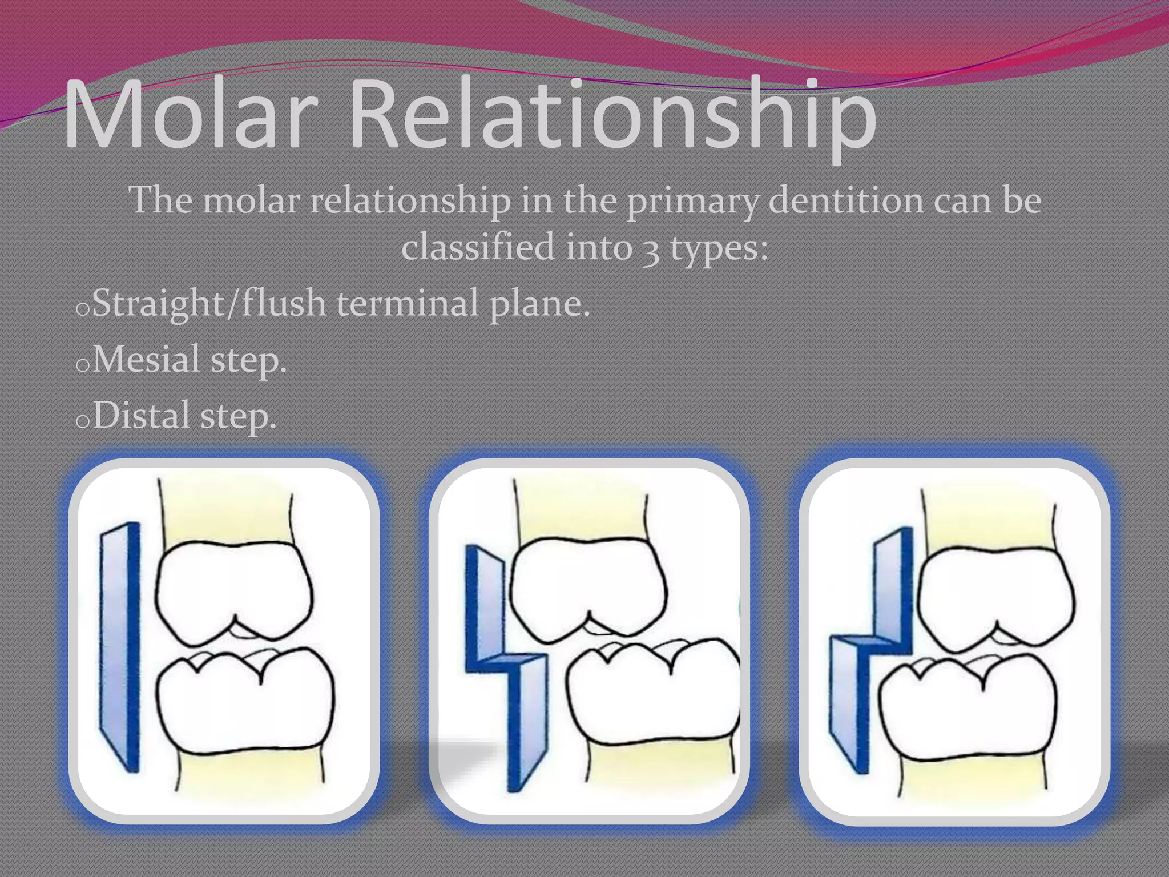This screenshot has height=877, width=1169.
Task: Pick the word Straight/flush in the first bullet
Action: coord(209,303)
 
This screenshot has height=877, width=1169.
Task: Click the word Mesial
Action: coord(146,359)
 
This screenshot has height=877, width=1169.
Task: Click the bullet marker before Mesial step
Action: coord(82,365)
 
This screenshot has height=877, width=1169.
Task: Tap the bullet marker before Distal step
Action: coord(82,421)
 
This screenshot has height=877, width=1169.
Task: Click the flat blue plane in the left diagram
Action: coord(120,645)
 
